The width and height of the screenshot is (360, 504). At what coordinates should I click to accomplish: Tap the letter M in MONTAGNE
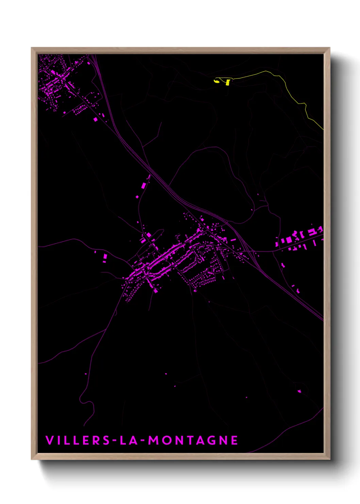(154, 440)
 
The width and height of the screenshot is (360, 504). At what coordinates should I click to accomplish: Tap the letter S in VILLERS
(106, 440)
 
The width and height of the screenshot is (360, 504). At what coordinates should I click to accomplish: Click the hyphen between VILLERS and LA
(115, 440)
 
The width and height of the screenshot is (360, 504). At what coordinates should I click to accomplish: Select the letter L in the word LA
(124, 440)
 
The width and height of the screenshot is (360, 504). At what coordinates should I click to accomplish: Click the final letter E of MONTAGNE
(234, 440)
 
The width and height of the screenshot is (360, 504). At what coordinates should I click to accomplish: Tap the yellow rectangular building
(228, 82)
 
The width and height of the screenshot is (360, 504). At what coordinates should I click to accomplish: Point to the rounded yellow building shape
(216, 81)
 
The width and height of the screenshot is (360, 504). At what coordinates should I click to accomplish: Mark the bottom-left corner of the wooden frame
(32, 459)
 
